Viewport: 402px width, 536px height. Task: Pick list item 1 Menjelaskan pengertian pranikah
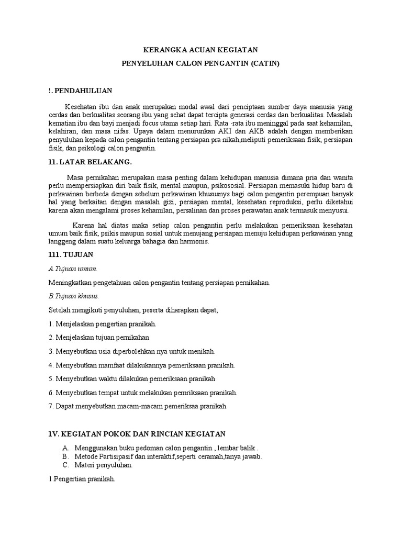[x=102, y=324]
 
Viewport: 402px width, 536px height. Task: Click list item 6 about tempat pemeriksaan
[x=142, y=392]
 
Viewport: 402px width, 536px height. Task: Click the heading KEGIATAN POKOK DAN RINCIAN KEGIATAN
[x=136, y=434]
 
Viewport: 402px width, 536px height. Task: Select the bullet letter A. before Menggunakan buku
[x=65, y=449]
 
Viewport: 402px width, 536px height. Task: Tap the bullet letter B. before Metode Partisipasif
[x=65, y=456]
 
